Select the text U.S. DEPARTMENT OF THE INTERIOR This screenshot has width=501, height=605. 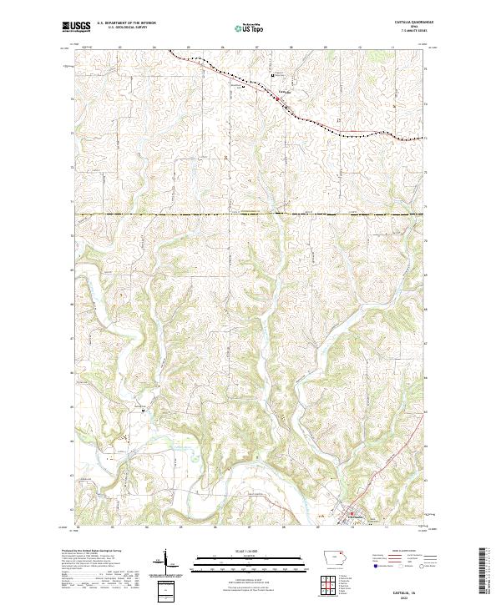click(126, 23)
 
